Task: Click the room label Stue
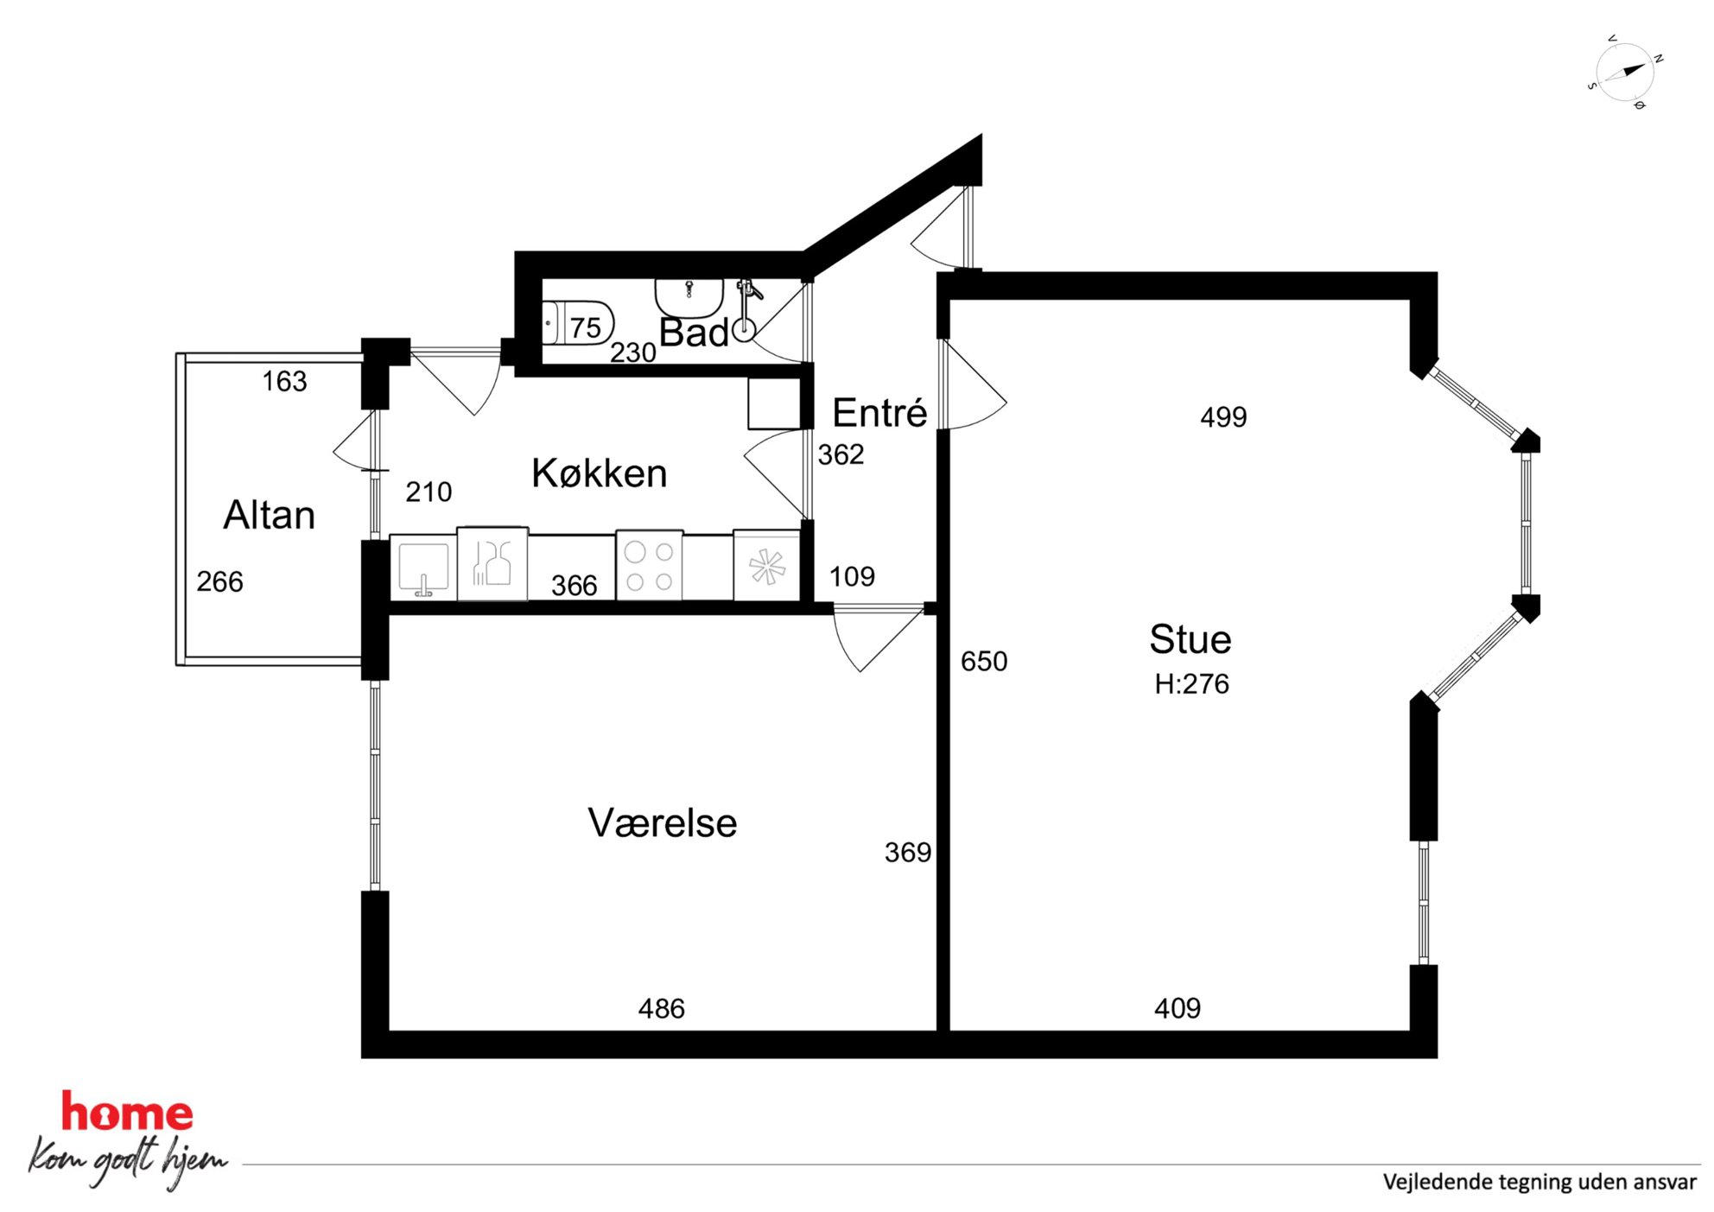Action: [x=1190, y=639]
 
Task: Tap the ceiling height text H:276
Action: [x=1191, y=684]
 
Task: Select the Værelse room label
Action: [x=663, y=822]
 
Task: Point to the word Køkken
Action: [x=600, y=473]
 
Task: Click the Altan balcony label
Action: [x=270, y=515]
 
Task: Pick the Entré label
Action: [x=879, y=412]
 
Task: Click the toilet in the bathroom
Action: [x=578, y=324]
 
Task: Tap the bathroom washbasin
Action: [x=689, y=296]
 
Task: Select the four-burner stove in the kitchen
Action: [x=650, y=566]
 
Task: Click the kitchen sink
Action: [x=423, y=568]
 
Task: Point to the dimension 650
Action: [x=984, y=662]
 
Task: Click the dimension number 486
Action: [x=662, y=1009]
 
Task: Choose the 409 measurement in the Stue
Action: [x=1178, y=1008]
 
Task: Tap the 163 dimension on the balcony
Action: [x=284, y=381]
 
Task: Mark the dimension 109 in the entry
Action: [x=852, y=576]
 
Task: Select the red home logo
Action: [x=127, y=1113]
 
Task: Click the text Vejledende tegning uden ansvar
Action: [x=1539, y=1182]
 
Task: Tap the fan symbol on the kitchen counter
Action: [x=767, y=568]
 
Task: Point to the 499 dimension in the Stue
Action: [x=1223, y=417]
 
